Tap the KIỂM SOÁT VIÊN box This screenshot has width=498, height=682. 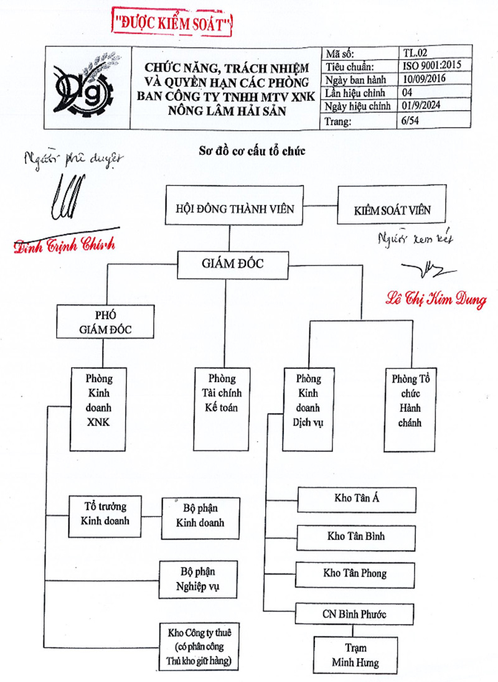[x=392, y=210]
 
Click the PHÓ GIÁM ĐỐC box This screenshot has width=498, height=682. [x=104, y=322]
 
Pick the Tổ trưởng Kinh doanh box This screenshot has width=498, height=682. [x=105, y=511]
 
